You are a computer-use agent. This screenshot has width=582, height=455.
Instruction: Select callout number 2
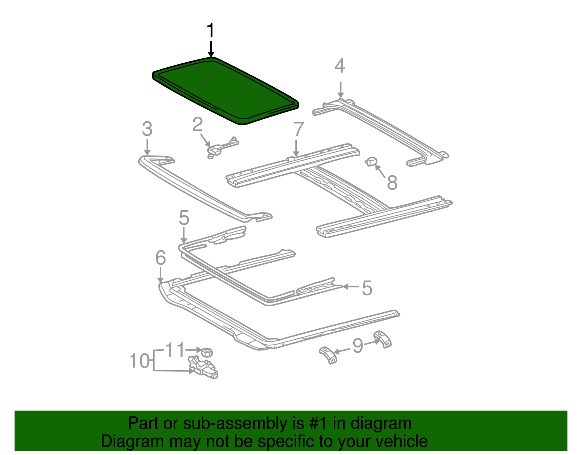[197, 125]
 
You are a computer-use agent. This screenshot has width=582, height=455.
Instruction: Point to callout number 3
[147, 129]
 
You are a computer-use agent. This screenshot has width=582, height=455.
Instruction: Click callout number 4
[339, 66]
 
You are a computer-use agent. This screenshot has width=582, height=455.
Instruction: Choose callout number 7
[298, 129]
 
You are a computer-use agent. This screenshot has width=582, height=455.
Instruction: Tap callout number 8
[392, 183]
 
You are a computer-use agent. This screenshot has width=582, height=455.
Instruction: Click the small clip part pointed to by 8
[371, 161]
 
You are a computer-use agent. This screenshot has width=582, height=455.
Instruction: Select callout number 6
[160, 258]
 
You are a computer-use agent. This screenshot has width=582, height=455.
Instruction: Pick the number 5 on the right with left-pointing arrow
[367, 288]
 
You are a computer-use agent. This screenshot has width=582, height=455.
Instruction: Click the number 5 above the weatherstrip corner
[184, 218]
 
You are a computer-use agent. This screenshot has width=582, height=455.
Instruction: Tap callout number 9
[358, 345]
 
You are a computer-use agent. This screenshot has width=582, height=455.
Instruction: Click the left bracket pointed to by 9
[328, 355]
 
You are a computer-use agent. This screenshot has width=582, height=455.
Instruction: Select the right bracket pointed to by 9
[383, 339]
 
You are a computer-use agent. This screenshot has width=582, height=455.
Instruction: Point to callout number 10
[139, 361]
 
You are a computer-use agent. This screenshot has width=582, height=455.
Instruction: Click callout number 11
[175, 350]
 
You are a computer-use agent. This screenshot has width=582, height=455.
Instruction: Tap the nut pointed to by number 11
[207, 352]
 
